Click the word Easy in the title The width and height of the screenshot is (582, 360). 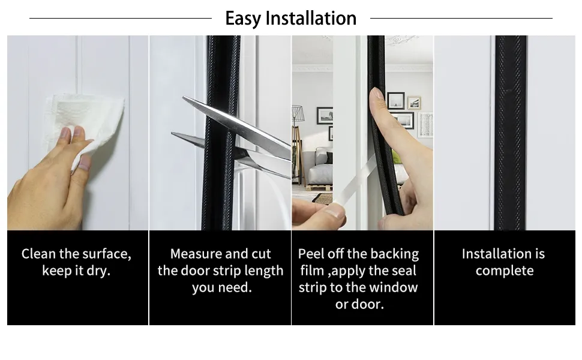244,19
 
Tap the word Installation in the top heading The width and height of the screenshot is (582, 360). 311,18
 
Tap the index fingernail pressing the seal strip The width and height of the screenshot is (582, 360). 377,93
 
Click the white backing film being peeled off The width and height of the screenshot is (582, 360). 356,182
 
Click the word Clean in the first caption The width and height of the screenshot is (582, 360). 38,254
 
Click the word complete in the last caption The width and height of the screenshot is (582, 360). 505,271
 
